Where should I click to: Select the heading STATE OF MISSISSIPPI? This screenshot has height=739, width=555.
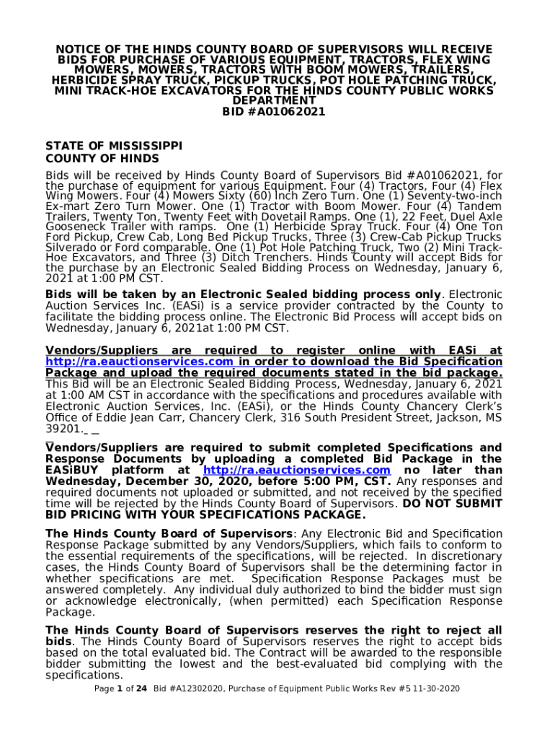[114, 145]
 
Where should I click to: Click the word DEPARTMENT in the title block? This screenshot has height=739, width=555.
[274, 101]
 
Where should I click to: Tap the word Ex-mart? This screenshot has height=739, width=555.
[64, 206]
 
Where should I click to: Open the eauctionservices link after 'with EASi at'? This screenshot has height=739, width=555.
[139, 362]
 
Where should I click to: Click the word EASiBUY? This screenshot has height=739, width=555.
[75, 471]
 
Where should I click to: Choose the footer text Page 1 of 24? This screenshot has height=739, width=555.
[120, 689]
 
